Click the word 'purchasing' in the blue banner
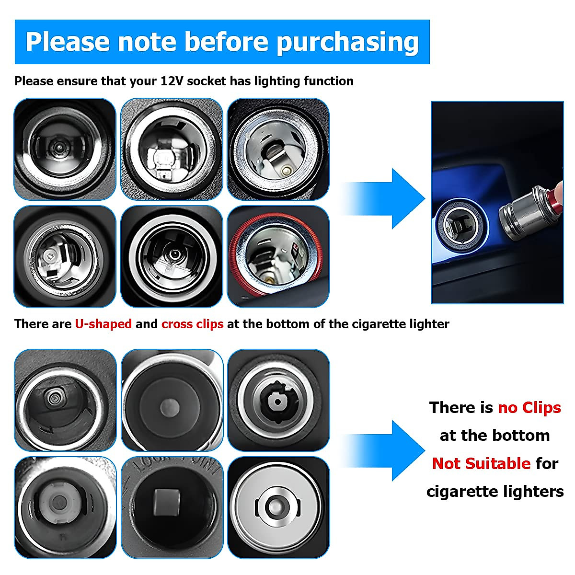coord(347,42)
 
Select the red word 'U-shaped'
coord(103,324)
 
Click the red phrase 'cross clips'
coord(192,324)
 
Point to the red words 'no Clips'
coord(529,407)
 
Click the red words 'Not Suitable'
coord(481,463)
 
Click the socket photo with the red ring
coord(278,256)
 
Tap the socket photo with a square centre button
coord(172,507)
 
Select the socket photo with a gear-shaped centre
coord(278,400)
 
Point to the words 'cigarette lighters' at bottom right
coord(495,491)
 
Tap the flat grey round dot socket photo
coord(172,400)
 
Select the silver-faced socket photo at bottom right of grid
coord(278,507)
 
